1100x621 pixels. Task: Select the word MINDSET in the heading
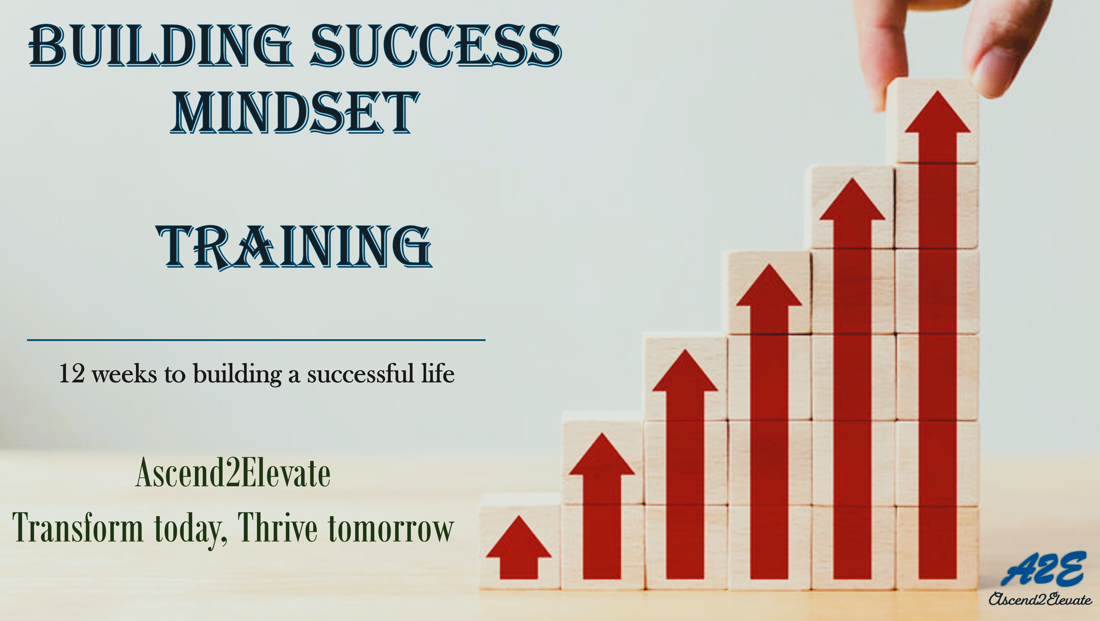(x=295, y=112)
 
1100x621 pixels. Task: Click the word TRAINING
(x=295, y=248)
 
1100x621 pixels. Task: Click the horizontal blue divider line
(x=256, y=340)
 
